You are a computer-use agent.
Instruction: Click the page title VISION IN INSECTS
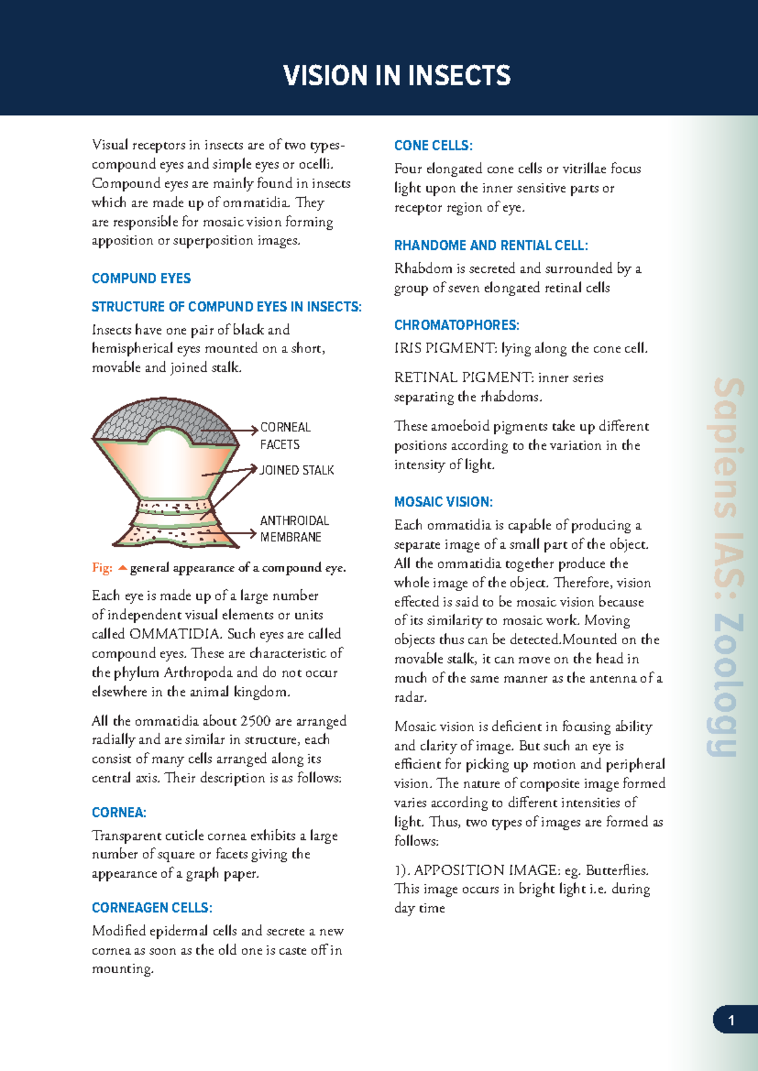[397, 76]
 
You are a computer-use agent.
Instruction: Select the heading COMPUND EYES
[141, 278]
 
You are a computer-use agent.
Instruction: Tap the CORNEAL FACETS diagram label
[284, 436]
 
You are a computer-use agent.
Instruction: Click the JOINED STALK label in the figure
[297, 470]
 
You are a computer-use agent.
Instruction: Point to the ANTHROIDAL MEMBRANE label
[294, 529]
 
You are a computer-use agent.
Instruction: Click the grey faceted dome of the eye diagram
[158, 417]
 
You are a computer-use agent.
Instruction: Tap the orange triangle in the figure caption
[123, 568]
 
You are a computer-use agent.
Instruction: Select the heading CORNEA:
[119, 813]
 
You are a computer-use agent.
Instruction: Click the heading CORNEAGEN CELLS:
[152, 908]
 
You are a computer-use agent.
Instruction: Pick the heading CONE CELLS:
[433, 146]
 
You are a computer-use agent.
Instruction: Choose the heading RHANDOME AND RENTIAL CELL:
[491, 246]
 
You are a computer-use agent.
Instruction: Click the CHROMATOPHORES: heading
[456, 325]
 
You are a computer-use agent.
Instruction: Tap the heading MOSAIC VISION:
[443, 502]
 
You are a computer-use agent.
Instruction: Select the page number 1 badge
[731, 1020]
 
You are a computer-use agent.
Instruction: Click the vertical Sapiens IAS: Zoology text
[726, 566]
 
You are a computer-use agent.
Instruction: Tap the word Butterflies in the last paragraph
[616, 870]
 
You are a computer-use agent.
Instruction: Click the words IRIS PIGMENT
[445, 349]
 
